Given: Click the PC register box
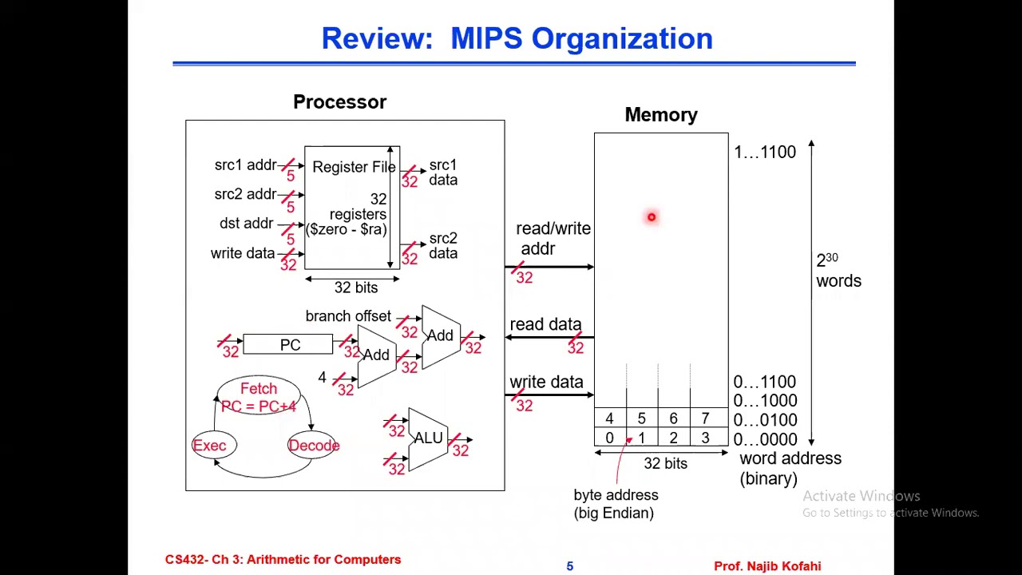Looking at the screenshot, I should click(x=288, y=345).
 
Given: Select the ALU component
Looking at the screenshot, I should click(x=428, y=439).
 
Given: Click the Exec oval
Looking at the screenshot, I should click(x=210, y=446).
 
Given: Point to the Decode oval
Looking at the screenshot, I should click(x=314, y=446).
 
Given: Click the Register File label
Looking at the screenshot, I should click(x=354, y=167).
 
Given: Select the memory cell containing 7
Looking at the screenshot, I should click(x=705, y=418).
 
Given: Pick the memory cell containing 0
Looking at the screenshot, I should click(x=609, y=438).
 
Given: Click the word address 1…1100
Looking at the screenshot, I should click(x=764, y=152).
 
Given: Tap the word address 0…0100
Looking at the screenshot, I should click(x=764, y=420).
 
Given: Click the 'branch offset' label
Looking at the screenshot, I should click(x=348, y=316).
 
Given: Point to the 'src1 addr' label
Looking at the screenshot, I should click(x=245, y=165).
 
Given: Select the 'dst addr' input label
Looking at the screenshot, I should click(x=246, y=224).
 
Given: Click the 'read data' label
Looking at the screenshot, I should click(x=545, y=324).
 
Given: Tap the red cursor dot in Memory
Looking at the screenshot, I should click(x=652, y=217).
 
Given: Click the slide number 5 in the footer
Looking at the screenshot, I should click(x=570, y=566).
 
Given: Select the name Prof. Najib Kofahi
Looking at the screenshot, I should click(x=766, y=566).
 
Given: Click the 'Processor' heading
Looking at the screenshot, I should click(x=339, y=102).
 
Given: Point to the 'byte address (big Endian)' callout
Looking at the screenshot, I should click(x=616, y=504).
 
